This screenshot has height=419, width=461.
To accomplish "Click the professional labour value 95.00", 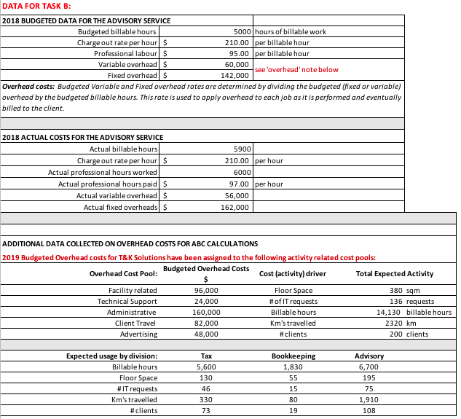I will [240, 53].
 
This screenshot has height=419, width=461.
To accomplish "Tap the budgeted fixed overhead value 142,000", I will [236, 75].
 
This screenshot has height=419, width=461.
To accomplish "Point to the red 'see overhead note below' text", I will [296, 70].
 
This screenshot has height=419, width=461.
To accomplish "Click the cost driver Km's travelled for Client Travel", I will [291, 323].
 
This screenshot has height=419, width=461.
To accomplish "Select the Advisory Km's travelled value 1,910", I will [369, 399].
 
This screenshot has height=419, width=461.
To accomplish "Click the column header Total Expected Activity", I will [395, 273].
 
